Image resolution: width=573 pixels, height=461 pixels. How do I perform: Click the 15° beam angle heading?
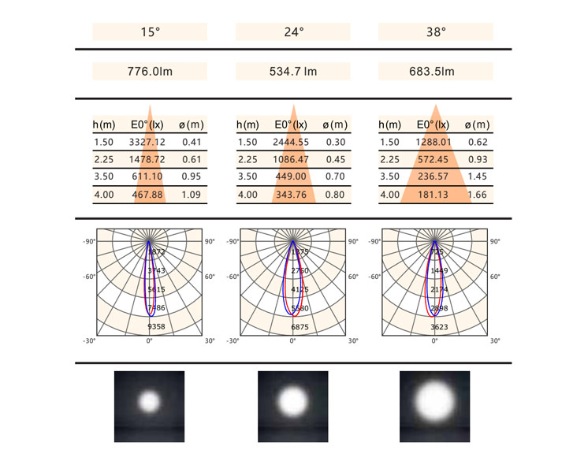pos(150,32)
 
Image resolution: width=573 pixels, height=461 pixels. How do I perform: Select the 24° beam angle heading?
pos(293,32)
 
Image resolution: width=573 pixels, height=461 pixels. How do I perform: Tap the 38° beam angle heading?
pos(436,32)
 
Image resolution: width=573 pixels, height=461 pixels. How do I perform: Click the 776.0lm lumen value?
pos(150,72)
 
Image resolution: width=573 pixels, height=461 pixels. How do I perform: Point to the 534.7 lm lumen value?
pos(293,72)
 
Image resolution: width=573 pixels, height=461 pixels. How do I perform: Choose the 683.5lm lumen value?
pos(436,72)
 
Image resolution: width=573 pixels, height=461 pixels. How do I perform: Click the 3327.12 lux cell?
pos(147,143)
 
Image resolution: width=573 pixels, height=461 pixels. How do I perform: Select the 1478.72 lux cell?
pos(147,160)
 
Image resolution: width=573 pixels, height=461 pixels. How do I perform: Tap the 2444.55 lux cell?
pos(292,143)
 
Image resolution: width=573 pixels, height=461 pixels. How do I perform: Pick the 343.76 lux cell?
pos(292,195)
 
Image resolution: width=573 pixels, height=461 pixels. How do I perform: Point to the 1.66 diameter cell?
pos(478,195)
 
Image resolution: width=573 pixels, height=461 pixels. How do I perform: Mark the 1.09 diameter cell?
pos(192,195)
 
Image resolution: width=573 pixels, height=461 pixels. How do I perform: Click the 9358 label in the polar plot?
pos(156,325)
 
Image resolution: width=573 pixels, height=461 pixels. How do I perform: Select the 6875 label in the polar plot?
pos(300,325)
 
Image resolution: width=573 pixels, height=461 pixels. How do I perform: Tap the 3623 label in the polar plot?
pos(439,325)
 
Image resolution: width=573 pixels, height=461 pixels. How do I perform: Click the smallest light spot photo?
pos(149,403)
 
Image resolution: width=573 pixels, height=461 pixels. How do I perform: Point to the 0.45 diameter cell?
pos(335,160)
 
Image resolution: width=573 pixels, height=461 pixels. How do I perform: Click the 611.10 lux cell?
pos(147,177)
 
